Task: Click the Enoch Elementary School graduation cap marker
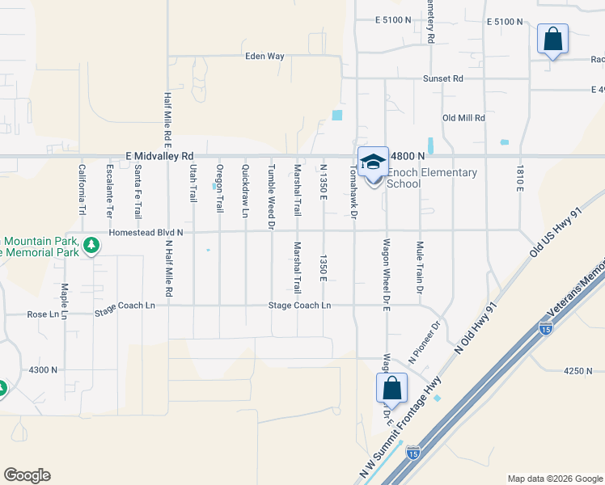373,162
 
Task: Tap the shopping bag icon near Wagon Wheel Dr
391,388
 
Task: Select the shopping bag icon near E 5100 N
552,40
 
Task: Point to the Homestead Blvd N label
141,232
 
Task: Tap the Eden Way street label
265,57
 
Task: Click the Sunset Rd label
443,78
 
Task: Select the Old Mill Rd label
463,118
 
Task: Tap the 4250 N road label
579,371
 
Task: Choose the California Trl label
82,190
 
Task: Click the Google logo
27,475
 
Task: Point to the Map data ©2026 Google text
554,479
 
